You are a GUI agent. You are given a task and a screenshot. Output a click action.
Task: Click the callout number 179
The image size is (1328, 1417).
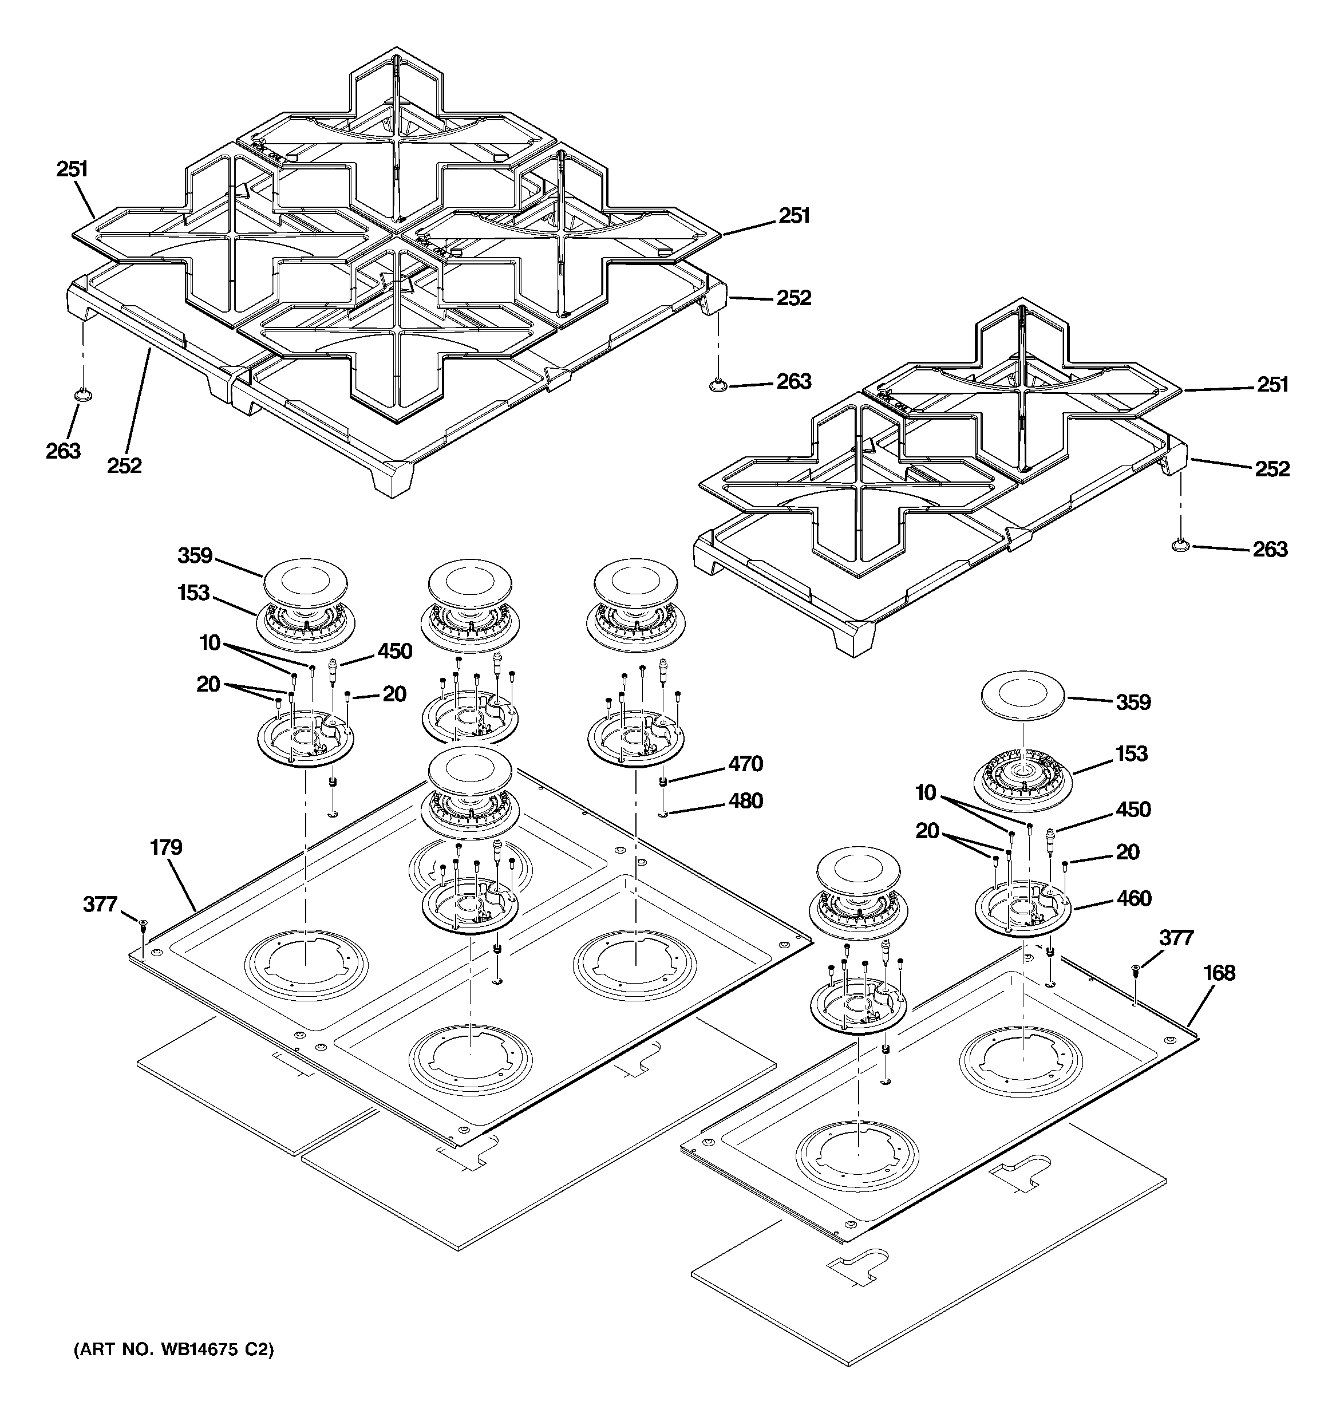pyautogui.click(x=166, y=847)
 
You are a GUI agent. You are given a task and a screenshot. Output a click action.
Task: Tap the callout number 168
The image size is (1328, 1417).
pyautogui.click(x=1219, y=972)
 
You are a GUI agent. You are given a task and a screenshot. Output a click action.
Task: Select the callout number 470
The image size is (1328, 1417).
pyautogui.click(x=745, y=764)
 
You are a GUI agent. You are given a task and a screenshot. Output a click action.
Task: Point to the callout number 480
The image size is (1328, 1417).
pyautogui.click(x=745, y=801)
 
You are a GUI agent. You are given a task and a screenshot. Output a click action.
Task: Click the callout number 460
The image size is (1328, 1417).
pyautogui.click(x=1134, y=898)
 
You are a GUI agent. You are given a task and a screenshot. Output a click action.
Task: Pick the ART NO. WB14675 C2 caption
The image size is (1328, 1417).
pyautogui.click(x=173, y=1350)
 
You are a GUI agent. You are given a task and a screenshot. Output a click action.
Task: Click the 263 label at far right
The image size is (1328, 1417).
pyautogui.click(x=1270, y=549)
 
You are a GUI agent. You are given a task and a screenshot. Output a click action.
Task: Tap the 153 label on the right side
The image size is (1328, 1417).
pyautogui.click(x=1131, y=753)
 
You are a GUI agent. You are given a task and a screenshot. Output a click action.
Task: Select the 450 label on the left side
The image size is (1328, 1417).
pyautogui.click(x=394, y=651)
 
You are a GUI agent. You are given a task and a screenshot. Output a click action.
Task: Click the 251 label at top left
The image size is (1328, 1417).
pyautogui.click(x=72, y=169)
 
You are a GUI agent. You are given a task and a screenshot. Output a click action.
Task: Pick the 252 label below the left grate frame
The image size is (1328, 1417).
pyautogui.click(x=125, y=465)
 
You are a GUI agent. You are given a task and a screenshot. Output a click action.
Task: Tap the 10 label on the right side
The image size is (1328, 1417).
pyautogui.click(x=926, y=792)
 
